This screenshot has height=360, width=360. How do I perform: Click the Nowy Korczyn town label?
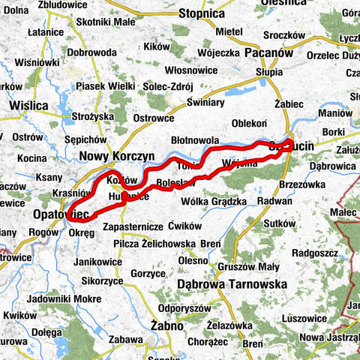pos(116,156)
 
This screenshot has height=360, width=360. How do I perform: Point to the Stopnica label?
pos(202,14)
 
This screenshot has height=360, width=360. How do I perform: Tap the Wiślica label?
pos(28,106)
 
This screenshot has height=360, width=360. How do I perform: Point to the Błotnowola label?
pos(195,140)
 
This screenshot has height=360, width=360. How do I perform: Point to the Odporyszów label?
pos(188,307)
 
